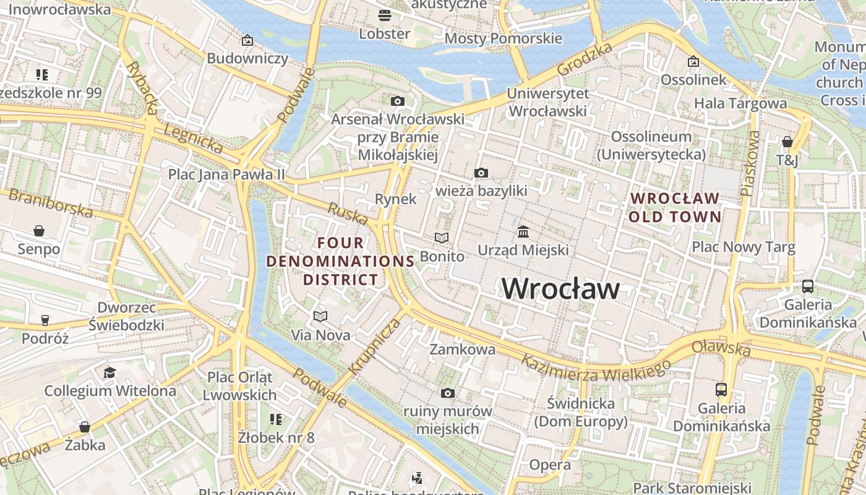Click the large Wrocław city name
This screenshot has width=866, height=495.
[x=560, y=289]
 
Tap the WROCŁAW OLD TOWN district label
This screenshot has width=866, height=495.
[x=675, y=208]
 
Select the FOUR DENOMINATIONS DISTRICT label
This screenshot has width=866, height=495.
[x=340, y=261]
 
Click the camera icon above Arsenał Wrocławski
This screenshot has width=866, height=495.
[x=397, y=101]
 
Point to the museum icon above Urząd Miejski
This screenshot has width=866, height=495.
[x=523, y=232]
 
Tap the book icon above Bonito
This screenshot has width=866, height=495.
[x=441, y=238]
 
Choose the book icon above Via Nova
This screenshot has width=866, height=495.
[x=320, y=317]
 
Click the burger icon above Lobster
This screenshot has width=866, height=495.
[x=385, y=15]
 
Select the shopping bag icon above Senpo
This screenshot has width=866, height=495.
[x=39, y=231]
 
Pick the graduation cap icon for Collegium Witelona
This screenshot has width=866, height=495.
[x=109, y=372]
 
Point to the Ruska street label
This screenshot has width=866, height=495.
[x=347, y=214]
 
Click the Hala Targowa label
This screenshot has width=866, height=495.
[x=740, y=103]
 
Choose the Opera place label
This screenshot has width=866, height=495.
[x=550, y=465]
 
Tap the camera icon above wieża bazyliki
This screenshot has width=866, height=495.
[x=481, y=173]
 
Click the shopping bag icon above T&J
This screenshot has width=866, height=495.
[x=787, y=142]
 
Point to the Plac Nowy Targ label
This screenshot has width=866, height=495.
[x=743, y=247]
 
